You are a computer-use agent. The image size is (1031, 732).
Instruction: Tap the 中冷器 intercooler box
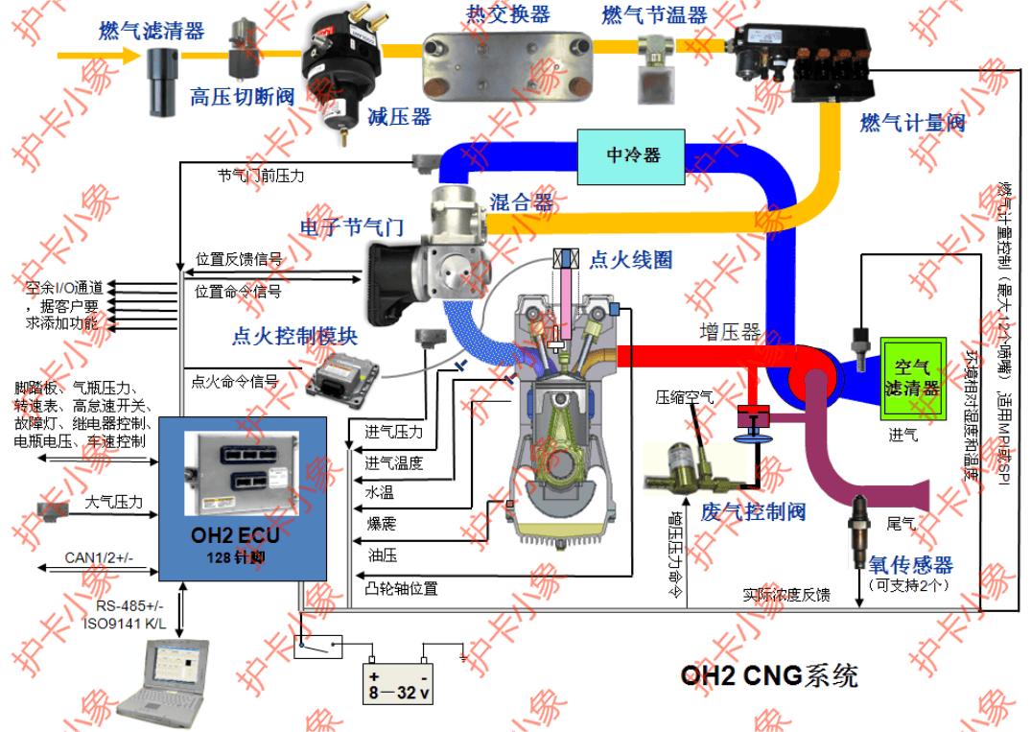(632, 155)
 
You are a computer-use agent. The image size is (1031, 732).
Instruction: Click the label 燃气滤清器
(152, 31)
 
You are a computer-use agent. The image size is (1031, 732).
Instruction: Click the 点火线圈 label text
(630, 259)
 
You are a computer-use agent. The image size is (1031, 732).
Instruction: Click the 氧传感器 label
(910, 564)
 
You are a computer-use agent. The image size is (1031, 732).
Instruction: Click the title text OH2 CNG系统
(769, 674)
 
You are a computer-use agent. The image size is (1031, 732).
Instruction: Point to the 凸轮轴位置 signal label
(402, 586)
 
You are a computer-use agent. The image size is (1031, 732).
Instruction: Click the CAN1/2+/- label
(100, 557)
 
